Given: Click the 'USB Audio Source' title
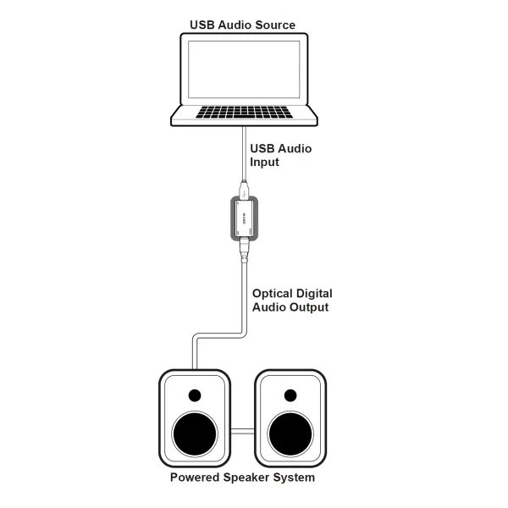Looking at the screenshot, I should [243, 25].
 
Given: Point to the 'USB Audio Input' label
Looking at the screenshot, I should [280, 156].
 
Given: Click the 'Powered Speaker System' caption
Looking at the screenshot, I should [242, 478].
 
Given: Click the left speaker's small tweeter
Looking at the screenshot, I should [196, 395].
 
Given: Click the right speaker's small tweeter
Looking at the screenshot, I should [290, 395].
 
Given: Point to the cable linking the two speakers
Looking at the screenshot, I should [243, 432].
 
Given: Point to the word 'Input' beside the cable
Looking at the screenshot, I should [266, 163].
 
